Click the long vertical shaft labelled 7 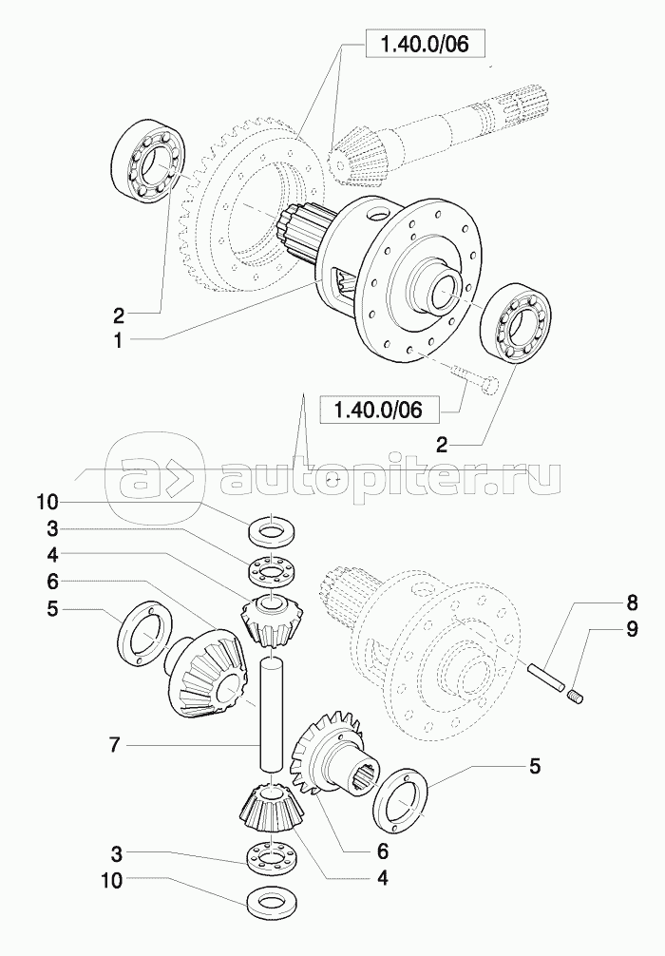(273, 708)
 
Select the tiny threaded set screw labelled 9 (576, 699)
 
